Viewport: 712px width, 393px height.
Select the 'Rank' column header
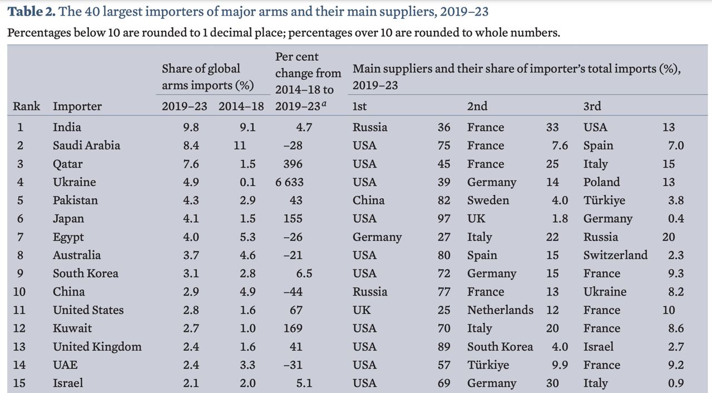[x=27, y=106]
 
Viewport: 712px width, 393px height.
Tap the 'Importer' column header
[x=77, y=106]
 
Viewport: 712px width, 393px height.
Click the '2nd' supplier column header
[x=477, y=106]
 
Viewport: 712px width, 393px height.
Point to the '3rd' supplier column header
[x=592, y=106]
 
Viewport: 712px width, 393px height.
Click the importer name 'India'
[x=67, y=127]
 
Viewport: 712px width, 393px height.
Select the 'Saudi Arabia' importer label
[x=86, y=146]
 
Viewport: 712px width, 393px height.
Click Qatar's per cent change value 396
[x=293, y=164]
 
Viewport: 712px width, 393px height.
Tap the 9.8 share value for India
[x=191, y=127]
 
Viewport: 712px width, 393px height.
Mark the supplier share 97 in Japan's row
[x=444, y=219]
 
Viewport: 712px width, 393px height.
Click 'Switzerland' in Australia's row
[x=615, y=256]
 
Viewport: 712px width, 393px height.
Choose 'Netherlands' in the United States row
[x=500, y=310]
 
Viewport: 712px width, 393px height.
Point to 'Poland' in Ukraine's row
[x=601, y=183]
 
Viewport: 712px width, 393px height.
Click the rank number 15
[x=19, y=384]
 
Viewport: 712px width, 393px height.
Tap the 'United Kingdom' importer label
[x=97, y=347]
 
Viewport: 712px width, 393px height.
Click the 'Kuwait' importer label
[x=72, y=328]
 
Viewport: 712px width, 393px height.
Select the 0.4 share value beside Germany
[x=676, y=219]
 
